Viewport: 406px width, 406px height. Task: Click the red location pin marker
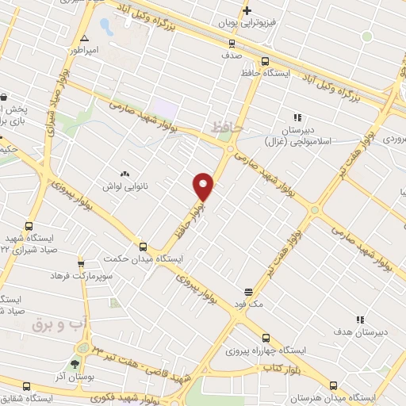point(204,186)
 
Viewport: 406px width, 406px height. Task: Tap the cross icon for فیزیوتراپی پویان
point(247,10)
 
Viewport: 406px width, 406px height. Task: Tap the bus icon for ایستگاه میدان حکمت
point(144,247)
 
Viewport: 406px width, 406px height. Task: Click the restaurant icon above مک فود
point(248,291)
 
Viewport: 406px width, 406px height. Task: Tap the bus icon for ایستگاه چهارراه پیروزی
point(266,337)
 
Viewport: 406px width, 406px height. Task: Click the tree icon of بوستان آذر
point(75,365)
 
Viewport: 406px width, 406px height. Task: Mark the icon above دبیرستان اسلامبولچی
point(298,117)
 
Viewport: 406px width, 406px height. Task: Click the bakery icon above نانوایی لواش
point(124,174)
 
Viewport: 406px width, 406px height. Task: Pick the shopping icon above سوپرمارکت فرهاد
point(81,263)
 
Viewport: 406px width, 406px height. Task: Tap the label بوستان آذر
point(79,377)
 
